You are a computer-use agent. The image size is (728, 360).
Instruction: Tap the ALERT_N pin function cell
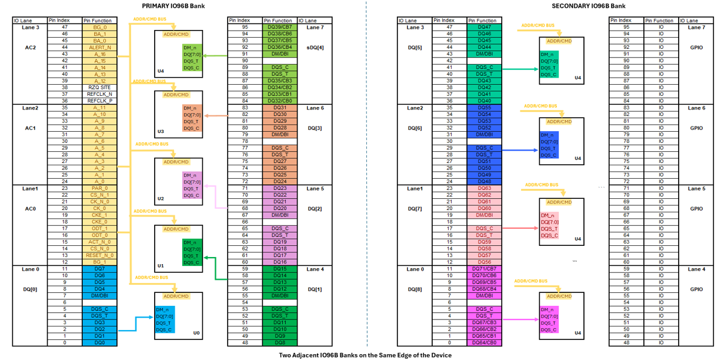point(99,48)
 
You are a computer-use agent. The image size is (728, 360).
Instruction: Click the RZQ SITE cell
point(99,88)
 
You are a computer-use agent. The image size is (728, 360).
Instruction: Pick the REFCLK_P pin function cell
point(99,101)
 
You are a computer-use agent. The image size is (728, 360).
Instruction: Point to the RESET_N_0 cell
point(99,255)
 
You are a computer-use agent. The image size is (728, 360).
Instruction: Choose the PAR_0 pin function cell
point(99,188)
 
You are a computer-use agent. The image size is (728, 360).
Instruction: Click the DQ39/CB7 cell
point(279,27)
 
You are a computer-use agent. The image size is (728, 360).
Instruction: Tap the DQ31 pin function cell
point(279,108)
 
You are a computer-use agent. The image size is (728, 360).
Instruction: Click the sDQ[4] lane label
point(315,47)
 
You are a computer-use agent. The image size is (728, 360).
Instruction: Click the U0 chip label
point(197,333)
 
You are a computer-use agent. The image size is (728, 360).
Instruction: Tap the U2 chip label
point(161,198)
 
